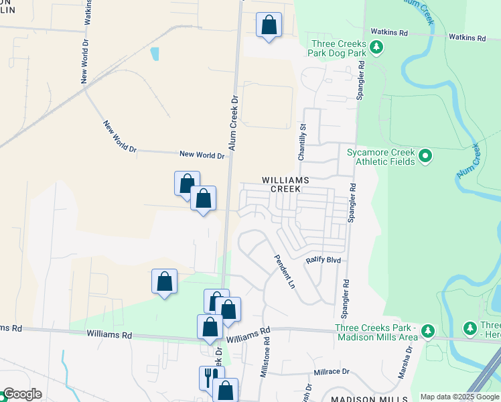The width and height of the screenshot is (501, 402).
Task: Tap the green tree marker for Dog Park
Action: (377, 46)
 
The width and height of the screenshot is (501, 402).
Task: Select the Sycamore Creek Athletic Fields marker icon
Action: (425, 157)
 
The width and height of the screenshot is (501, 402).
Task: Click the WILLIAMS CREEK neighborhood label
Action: (285, 184)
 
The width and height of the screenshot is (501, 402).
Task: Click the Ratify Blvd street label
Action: (324, 260)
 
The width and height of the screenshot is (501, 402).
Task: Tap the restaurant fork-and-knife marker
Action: (208, 377)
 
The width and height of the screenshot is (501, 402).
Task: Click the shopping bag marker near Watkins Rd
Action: (269, 25)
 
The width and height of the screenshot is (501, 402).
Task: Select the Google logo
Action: (21, 395)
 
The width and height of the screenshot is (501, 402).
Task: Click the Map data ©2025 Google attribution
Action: (460, 397)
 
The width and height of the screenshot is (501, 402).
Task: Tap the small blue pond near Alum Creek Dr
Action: (155, 54)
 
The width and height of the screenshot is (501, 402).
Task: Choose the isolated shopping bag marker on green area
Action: (164, 282)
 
